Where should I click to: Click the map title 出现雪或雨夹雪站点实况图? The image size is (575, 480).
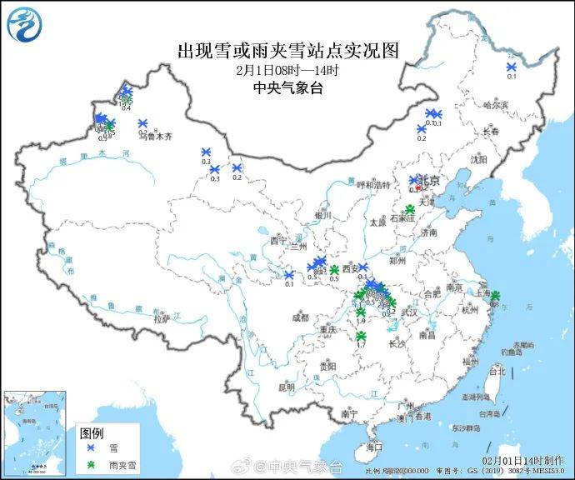[x=287, y=50]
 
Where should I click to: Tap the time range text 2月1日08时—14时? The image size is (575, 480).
[x=287, y=70]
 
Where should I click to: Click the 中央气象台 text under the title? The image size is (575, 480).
[x=287, y=87]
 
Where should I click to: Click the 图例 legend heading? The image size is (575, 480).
[x=92, y=432]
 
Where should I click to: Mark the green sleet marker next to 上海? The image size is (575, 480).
[x=494, y=296]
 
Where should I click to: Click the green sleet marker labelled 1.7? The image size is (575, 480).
[x=361, y=337]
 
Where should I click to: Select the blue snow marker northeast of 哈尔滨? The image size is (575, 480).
[x=512, y=67]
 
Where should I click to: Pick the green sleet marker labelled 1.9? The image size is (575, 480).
[x=361, y=312]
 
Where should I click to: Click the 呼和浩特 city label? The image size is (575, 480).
[x=374, y=186]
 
